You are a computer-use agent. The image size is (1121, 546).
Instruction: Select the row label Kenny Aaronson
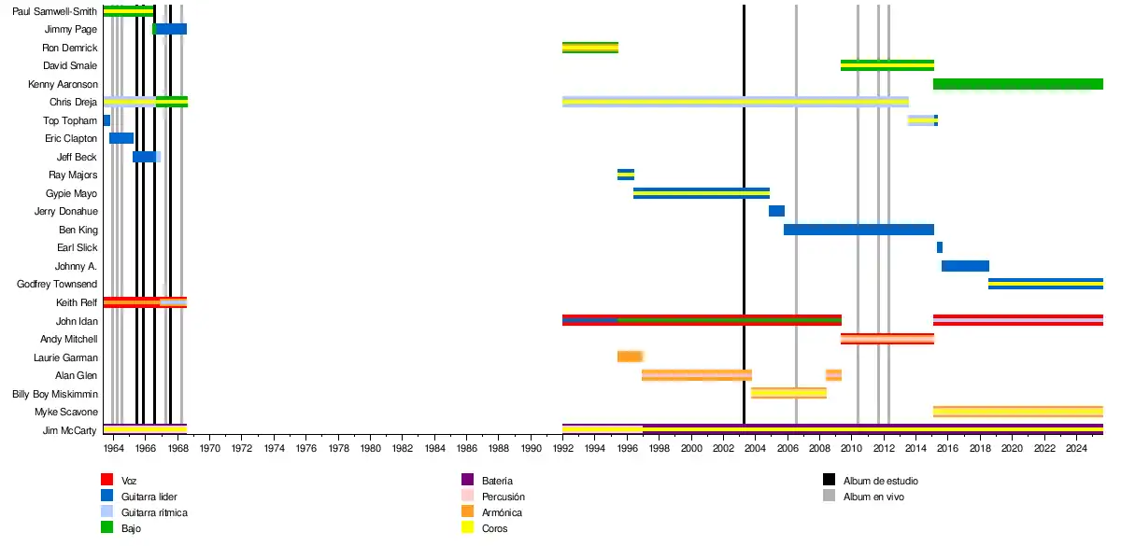point(66,84)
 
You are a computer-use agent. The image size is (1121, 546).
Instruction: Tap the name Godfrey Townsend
point(57,284)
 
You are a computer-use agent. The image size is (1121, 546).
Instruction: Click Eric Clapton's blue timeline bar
point(121,138)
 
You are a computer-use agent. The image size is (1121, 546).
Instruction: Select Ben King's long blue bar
point(858,230)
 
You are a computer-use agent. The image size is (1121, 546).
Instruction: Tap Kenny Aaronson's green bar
point(1017,84)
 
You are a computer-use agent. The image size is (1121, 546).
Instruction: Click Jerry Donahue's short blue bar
point(776,211)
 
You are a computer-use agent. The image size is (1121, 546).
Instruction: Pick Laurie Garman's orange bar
point(630,357)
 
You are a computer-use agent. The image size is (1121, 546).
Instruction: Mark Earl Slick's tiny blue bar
point(939,247)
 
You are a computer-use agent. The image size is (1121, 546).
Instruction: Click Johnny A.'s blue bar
point(965,266)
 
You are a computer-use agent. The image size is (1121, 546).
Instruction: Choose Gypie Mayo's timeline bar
point(701,193)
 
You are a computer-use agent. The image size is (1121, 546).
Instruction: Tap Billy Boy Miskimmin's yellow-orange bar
point(788,393)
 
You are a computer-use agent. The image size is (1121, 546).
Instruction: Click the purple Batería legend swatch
point(468,480)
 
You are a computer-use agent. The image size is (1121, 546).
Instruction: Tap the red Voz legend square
point(106,480)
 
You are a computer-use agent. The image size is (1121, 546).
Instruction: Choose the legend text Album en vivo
point(873,497)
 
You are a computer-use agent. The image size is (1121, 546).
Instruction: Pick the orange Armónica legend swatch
point(468,512)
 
